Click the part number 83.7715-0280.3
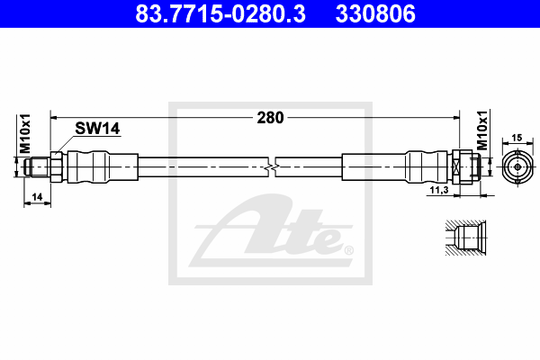(x=220, y=13)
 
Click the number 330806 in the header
(x=375, y=13)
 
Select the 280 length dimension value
(x=270, y=118)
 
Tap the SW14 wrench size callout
(x=97, y=129)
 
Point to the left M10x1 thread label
(x=25, y=134)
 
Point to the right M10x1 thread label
(x=482, y=130)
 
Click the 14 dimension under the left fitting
(x=37, y=197)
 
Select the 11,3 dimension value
(x=439, y=190)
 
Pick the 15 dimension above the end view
(x=517, y=138)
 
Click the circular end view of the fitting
(x=517, y=167)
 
